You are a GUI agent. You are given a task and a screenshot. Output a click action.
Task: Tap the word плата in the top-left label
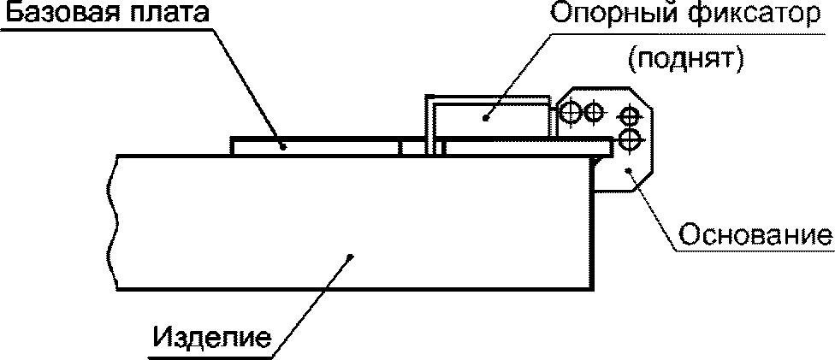click(168, 14)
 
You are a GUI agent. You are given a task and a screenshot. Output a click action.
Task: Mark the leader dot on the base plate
click(283, 145)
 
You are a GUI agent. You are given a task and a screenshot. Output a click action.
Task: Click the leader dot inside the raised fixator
click(485, 118)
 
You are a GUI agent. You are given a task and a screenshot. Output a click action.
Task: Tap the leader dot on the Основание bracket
click(631, 172)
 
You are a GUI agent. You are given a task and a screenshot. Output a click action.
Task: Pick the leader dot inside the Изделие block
click(349, 255)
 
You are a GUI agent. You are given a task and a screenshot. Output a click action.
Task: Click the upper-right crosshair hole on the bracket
click(629, 114)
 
